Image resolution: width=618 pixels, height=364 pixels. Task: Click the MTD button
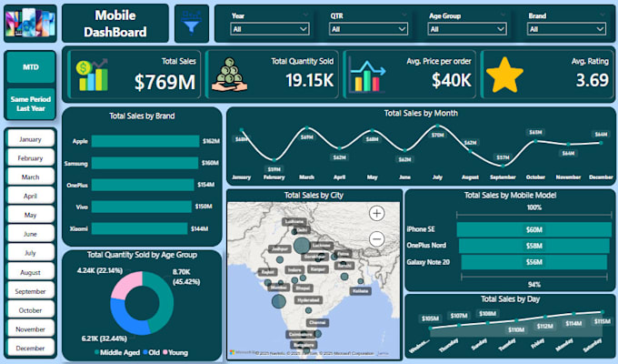pyautogui.click(x=31, y=66)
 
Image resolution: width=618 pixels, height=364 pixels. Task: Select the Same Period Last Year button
pyautogui.click(x=31, y=103)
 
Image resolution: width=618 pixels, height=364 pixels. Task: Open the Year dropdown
pyautogui.click(x=270, y=29)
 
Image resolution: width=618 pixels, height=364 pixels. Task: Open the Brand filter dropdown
pyautogui.click(x=566, y=29)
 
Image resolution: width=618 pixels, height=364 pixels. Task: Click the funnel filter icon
pyautogui.click(x=192, y=21)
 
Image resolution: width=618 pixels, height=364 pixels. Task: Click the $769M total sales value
pyautogui.click(x=165, y=82)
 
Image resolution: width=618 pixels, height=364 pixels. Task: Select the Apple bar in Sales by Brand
pyautogui.click(x=145, y=141)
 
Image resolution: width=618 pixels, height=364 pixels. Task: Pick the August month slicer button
pyautogui.click(x=31, y=272)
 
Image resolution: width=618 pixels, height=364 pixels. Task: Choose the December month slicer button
pyautogui.click(x=31, y=349)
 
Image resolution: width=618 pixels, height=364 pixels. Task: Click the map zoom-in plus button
pyautogui.click(x=377, y=214)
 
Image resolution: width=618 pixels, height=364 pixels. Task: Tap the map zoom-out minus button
pyautogui.click(x=377, y=239)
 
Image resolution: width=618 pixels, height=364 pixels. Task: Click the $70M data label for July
pyautogui.click(x=438, y=136)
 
